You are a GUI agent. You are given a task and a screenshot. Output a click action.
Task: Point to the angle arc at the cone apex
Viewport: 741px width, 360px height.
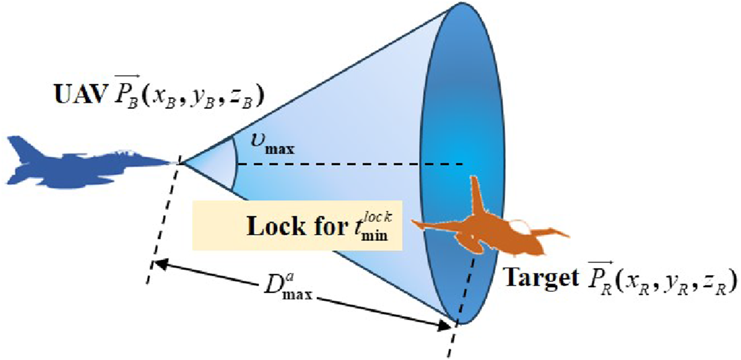(235, 162)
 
